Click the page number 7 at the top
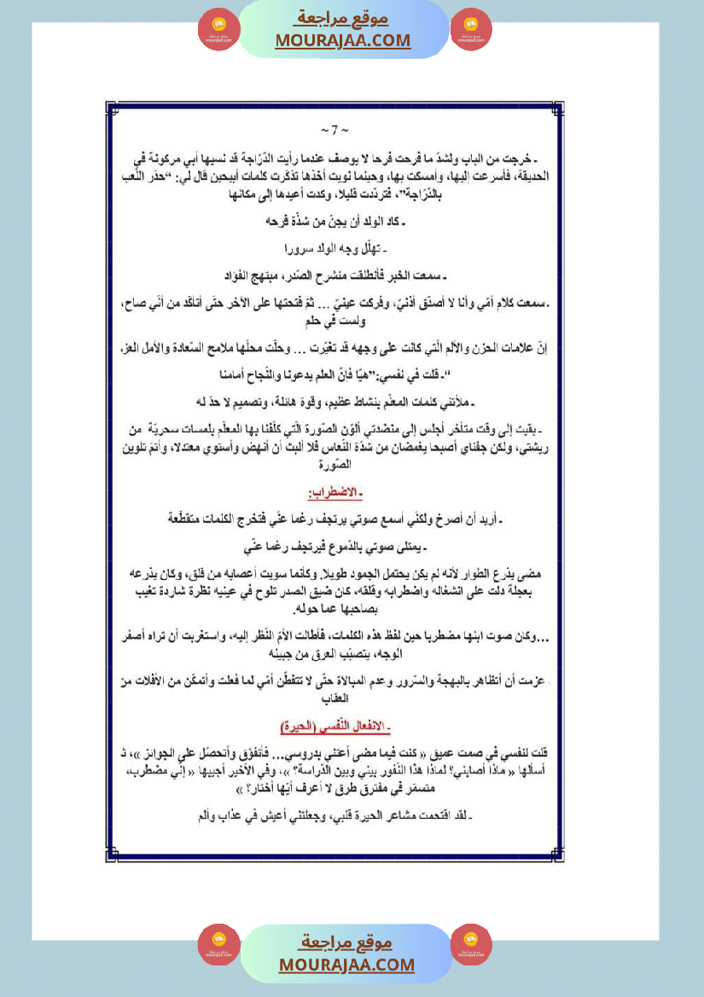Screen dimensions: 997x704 (x=335, y=130)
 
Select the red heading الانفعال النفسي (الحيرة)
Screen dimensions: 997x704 (x=335, y=727)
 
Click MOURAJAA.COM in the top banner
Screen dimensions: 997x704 (x=342, y=40)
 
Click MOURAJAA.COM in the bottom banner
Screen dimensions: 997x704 (x=346, y=965)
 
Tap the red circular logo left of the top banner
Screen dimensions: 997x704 (x=219, y=30)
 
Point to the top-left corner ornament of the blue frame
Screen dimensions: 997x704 (x=110, y=110)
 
